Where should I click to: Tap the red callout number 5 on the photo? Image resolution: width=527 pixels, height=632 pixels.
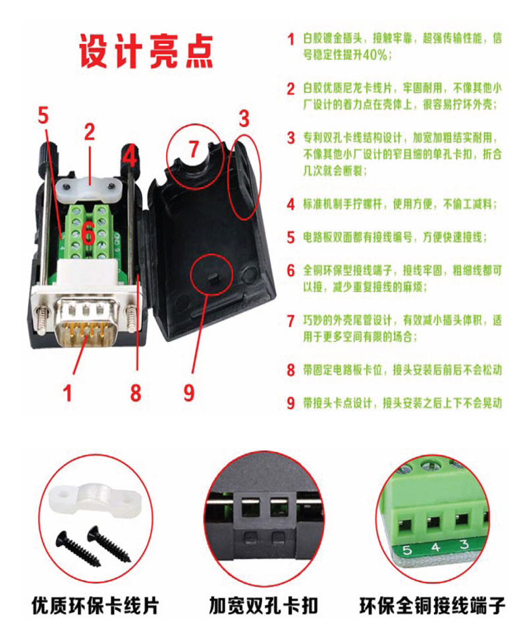43,115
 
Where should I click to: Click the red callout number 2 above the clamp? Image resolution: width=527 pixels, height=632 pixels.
90,132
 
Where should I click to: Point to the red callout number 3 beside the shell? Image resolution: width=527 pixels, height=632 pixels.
244,119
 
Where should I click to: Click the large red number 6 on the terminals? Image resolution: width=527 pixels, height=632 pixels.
89,234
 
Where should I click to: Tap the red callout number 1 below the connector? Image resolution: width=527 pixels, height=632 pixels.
68,393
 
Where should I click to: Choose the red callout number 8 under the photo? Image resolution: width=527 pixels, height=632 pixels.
136,393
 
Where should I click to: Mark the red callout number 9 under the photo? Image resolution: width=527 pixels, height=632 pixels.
189,393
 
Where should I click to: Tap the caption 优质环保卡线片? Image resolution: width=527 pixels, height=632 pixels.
96,606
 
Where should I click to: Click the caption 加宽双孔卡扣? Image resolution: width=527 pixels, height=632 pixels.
263,606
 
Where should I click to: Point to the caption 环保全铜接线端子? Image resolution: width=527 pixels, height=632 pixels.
432,606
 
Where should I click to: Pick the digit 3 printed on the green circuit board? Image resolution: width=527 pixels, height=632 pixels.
464,544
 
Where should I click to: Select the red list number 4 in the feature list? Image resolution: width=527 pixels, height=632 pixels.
291,205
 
